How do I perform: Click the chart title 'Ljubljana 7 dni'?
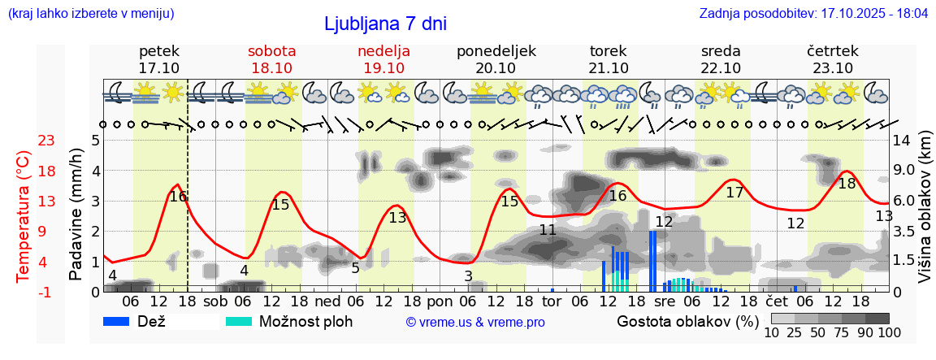(x=385, y=24)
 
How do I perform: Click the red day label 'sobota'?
(x=271, y=51)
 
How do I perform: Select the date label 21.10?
(x=609, y=68)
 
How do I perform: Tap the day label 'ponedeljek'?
(x=496, y=51)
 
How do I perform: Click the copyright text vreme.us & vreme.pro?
(x=475, y=323)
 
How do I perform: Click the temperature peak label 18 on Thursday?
(x=847, y=184)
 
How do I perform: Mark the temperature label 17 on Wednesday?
(x=734, y=193)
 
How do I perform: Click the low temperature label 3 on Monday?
(x=469, y=276)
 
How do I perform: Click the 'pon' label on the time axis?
(x=440, y=302)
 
